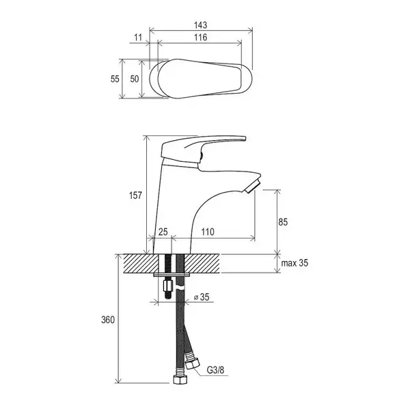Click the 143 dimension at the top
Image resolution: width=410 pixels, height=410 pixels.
coord(200,25)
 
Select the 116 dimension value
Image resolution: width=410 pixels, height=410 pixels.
coord(200,38)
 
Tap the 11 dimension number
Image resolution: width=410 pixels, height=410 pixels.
coord(138,38)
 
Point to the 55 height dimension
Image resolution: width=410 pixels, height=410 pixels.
coord(115,79)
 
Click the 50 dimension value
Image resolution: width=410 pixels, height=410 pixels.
coord(135,79)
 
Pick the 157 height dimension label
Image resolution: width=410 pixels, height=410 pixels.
coord(135,195)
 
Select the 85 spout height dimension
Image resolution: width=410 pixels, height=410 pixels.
coord(283,222)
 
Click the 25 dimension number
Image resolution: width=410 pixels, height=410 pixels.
coord(163,232)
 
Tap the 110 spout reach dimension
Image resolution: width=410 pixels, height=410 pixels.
coord(208,232)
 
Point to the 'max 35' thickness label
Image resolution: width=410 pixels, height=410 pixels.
coord(295,263)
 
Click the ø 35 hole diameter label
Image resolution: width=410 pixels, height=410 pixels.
coord(202,297)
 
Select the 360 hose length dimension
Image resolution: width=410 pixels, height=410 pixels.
coord(108,320)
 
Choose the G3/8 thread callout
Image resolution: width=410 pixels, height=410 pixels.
coord(215,370)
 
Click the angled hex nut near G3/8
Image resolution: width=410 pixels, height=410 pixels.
coord(192,364)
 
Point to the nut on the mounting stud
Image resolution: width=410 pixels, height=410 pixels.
coord(168,286)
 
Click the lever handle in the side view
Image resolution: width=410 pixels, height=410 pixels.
coord(204,152)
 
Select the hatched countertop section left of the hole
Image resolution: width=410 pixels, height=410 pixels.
coord(141,263)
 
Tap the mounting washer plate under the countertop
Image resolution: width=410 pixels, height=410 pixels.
coord(172,275)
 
